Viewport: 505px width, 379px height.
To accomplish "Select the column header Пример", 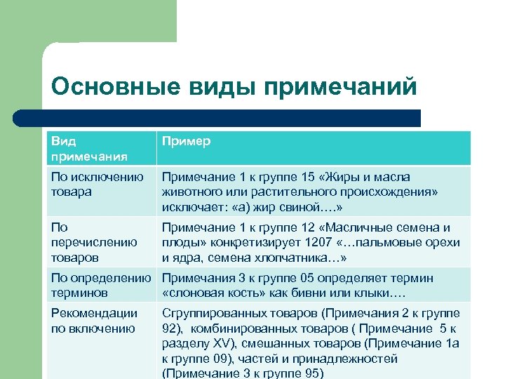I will [x=186, y=141].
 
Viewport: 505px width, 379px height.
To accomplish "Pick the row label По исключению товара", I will [x=97, y=184].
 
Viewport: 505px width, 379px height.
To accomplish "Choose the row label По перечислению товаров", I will [x=93, y=241].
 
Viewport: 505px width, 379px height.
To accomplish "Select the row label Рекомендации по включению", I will [x=94, y=320].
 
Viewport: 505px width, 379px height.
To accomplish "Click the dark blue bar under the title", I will [x=210, y=117].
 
